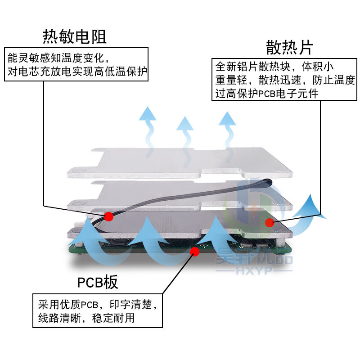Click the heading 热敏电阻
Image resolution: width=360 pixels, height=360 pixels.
click(x=74, y=36)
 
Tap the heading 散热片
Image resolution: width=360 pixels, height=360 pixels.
click(x=289, y=47)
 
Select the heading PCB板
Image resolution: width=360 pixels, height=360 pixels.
click(x=97, y=283)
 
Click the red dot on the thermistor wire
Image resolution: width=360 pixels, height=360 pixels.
click(x=108, y=216)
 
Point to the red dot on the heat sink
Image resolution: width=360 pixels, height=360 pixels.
click(x=270, y=222)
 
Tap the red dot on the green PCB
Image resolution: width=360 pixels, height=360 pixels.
click(x=195, y=251)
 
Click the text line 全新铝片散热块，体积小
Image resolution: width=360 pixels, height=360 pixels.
click(x=274, y=67)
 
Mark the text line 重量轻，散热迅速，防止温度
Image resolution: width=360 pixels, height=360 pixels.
click(x=285, y=81)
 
